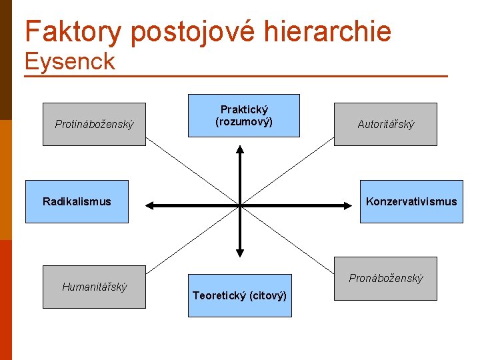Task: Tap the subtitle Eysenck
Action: click(x=69, y=62)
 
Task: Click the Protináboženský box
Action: click(x=94, y=124)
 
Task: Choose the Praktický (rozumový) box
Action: click(x=244, y=115)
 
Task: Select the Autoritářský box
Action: click(x=385, y=124)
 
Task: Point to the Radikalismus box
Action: click(x=77, y=201)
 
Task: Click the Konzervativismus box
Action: click(x=411, y=201)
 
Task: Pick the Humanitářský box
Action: click(x=94, y=287)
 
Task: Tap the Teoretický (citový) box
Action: click(x=239, y=295)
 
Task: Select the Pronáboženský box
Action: click(x=385, y=278)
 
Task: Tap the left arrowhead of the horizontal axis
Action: click(x=151, y=205)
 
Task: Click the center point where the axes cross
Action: click(x=240, y=205)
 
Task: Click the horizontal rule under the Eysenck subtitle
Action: click(x=235, y=77)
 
